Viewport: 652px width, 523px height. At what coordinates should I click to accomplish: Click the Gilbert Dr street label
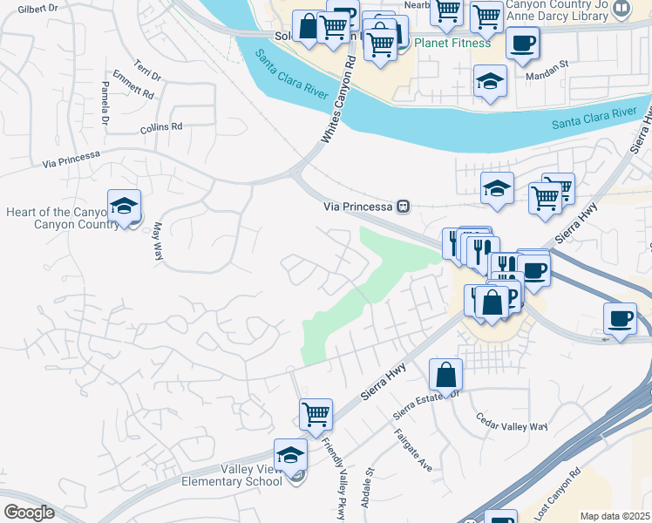[37, 9]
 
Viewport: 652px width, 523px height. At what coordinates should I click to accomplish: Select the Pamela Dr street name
[105, 103]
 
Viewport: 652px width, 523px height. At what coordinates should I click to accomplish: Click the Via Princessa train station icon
[402, 207]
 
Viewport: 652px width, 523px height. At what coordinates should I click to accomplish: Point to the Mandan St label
[547, 65]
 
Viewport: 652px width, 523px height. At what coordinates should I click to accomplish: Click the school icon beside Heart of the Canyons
[124, 207]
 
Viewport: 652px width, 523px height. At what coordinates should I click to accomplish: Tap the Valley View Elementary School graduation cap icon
[290, 455]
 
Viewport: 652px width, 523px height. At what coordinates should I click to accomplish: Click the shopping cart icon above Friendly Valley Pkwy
[316, 414]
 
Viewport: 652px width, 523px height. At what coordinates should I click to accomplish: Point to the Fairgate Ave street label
[413, 451]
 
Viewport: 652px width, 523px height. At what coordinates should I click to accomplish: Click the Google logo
[28, 513]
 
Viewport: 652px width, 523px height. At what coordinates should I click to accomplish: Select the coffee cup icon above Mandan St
[522, 43]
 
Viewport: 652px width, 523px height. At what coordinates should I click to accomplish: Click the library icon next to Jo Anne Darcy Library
[621, 9]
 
